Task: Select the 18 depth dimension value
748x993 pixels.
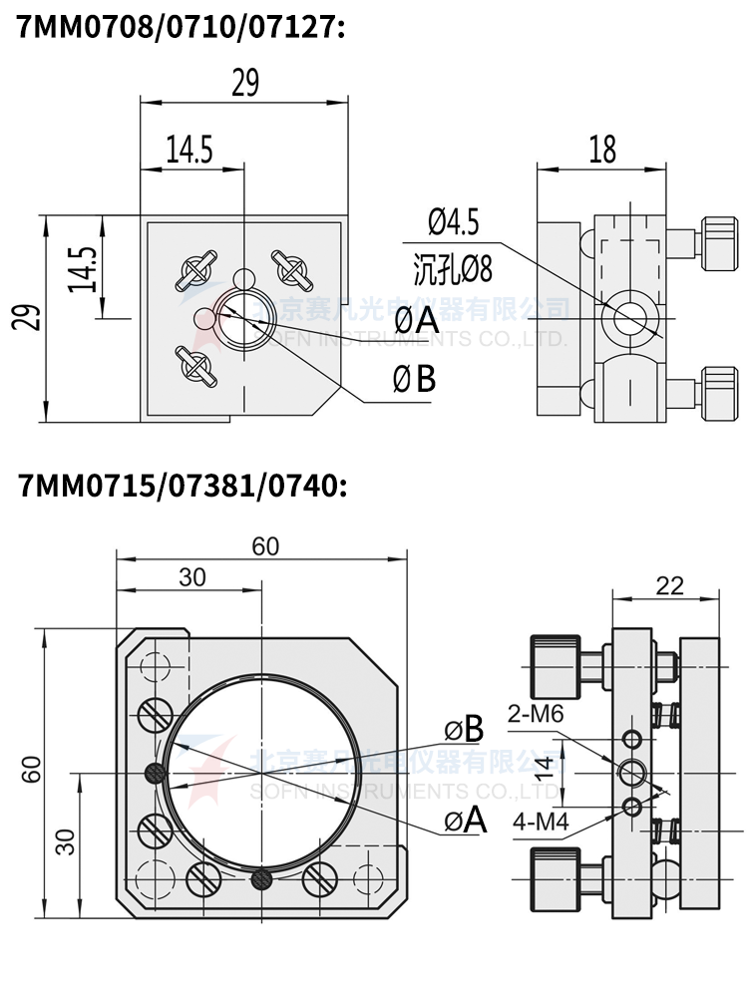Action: click(602, 150)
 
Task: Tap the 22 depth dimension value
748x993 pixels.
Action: click(670, 585)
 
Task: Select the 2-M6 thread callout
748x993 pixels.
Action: click(536, 715)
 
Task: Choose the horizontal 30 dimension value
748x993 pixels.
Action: click(192, 576)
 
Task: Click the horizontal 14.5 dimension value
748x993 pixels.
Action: click(189, 150)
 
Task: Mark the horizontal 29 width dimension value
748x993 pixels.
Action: click(244, 84)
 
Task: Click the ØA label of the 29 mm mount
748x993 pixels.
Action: click(416, 321)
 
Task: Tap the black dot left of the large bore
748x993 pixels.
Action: click(155, 771)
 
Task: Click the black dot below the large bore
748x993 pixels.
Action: click(262, 877)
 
